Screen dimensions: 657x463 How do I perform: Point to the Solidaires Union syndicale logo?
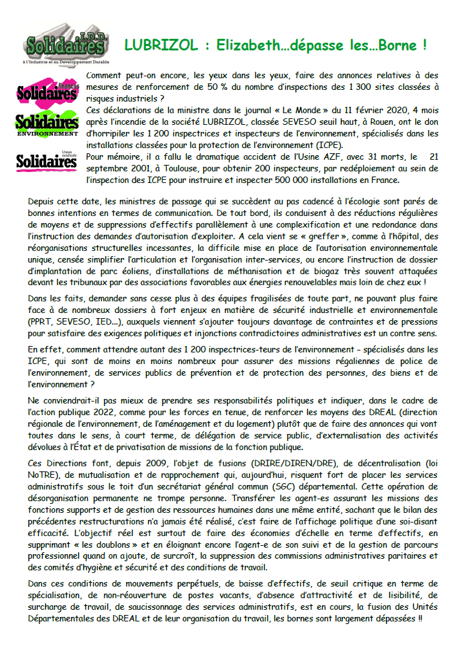46,160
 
